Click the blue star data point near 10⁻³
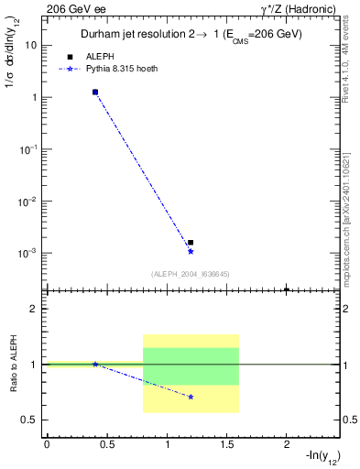[191, 251]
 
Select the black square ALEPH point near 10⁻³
[191, 243]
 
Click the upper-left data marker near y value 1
[95, 93]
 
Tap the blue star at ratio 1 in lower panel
[95, 364]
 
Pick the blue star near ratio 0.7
[191, 397]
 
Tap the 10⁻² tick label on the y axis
[29, 201]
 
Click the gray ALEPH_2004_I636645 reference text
[191, 273]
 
